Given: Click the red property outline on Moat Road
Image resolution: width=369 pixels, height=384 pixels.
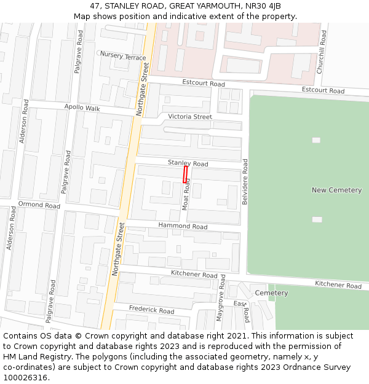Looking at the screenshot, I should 185,174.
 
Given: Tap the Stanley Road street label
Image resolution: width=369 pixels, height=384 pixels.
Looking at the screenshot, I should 188,163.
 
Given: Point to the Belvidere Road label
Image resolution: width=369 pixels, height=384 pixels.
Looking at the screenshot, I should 245,182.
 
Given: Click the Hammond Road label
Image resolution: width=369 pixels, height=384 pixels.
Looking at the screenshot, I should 183,226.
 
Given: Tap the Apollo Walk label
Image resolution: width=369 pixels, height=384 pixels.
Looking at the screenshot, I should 82,108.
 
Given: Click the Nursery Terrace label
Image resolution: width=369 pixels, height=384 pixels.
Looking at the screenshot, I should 123,56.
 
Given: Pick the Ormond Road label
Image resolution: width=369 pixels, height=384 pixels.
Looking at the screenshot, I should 39,205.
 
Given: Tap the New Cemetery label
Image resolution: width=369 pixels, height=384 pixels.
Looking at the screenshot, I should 336,190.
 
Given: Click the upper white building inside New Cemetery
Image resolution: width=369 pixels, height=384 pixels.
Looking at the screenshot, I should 316,140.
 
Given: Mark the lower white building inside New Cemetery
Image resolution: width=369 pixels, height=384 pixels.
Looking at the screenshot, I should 317,219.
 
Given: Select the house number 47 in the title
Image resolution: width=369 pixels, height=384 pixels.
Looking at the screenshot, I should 94,6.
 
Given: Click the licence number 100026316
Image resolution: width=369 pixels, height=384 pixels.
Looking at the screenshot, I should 25,378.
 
